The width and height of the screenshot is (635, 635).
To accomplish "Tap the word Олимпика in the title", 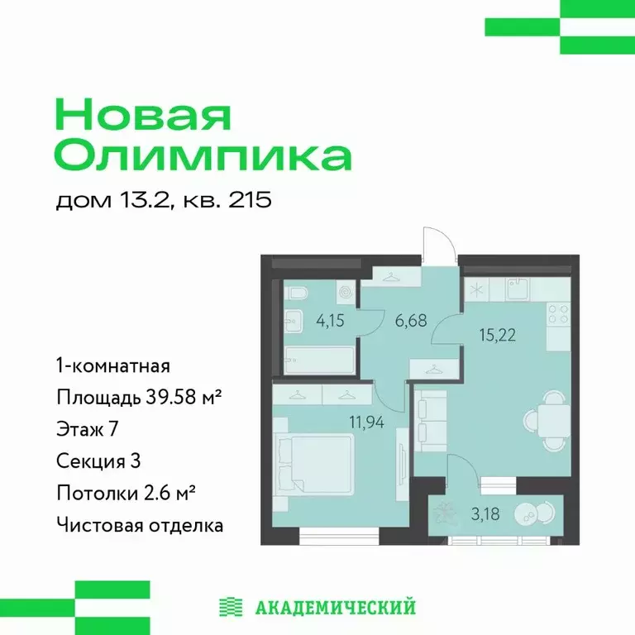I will [x=203, y=155].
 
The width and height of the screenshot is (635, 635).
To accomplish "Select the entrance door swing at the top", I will [x=437, y=245].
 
